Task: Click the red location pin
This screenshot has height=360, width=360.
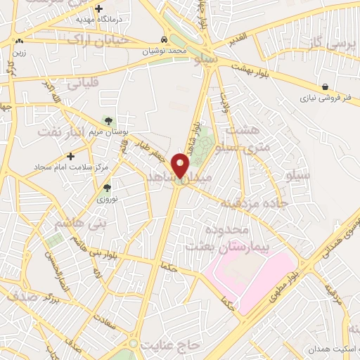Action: coord(181,167)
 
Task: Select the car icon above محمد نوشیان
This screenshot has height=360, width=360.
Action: coord(163,40)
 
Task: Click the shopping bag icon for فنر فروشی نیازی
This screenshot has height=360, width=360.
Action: coord(324,86)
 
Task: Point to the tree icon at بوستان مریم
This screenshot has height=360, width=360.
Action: coord(108,122)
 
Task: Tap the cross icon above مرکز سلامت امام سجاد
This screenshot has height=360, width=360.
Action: coord(70,155)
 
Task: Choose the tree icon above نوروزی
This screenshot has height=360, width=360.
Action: coord(107,188)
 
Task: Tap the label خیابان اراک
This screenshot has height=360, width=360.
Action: coord(98,41)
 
